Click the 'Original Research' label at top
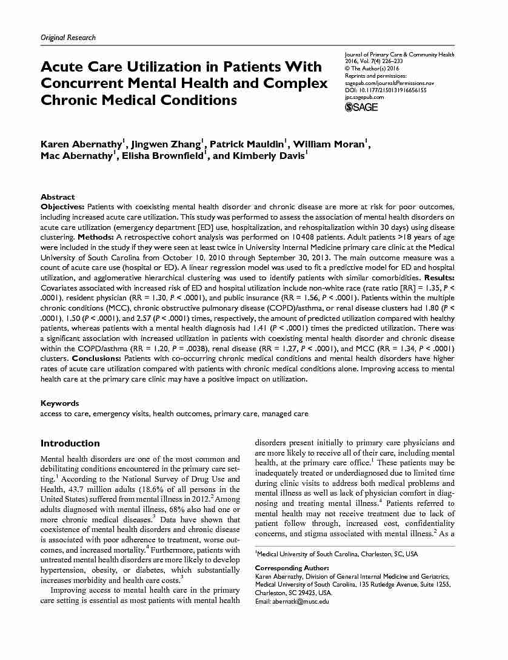coord(68,38)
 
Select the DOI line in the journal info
coord(386,90)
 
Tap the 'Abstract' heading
coord(58,197)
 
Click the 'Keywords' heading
coord(59,403)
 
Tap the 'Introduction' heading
coord(70,443)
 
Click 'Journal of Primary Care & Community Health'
coord(399,55)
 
